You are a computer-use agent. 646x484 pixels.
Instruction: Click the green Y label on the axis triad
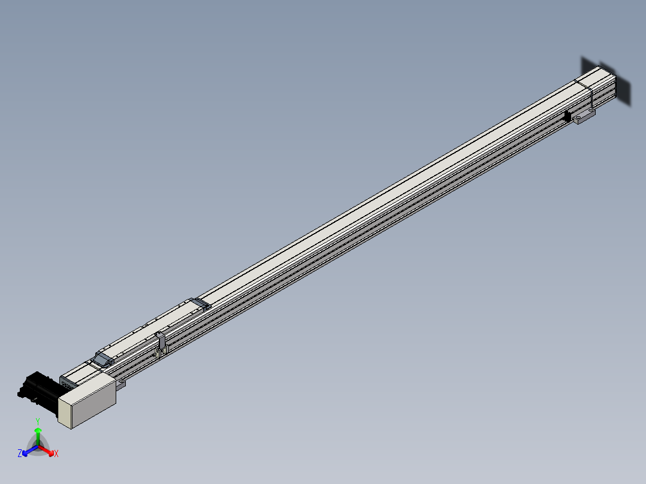coord(38,421)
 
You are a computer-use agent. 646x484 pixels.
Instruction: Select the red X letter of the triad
coord(56,453)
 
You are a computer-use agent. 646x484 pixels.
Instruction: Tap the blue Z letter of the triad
coord(20,453)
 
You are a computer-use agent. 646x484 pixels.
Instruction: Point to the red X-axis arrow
coord(46,450)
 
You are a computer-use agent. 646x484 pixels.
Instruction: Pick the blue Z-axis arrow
coord(30,450)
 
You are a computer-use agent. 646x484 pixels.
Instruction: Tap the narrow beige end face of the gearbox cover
coord(65,412)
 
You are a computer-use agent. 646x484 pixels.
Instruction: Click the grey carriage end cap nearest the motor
coord(102,359)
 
